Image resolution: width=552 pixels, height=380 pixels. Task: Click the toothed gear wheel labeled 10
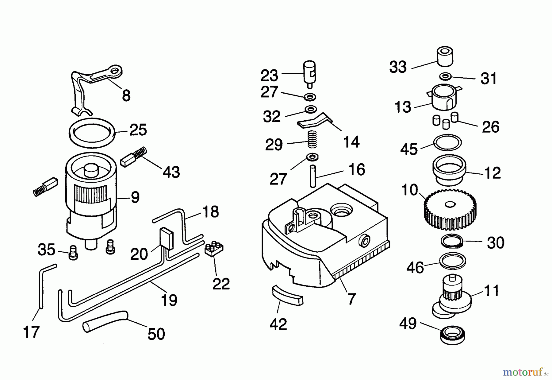[x=450, y=211]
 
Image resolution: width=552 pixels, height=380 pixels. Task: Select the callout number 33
[x=398, y=67]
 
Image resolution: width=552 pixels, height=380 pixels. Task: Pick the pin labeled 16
[x=312, y=176]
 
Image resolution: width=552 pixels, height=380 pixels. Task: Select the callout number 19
[x=169, y=300]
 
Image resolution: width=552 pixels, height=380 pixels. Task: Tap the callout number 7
[x=351, y=298]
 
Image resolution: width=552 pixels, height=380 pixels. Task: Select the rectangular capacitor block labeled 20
[x=166, y=238]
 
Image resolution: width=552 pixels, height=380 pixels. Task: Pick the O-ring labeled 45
[x=447, y=142]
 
